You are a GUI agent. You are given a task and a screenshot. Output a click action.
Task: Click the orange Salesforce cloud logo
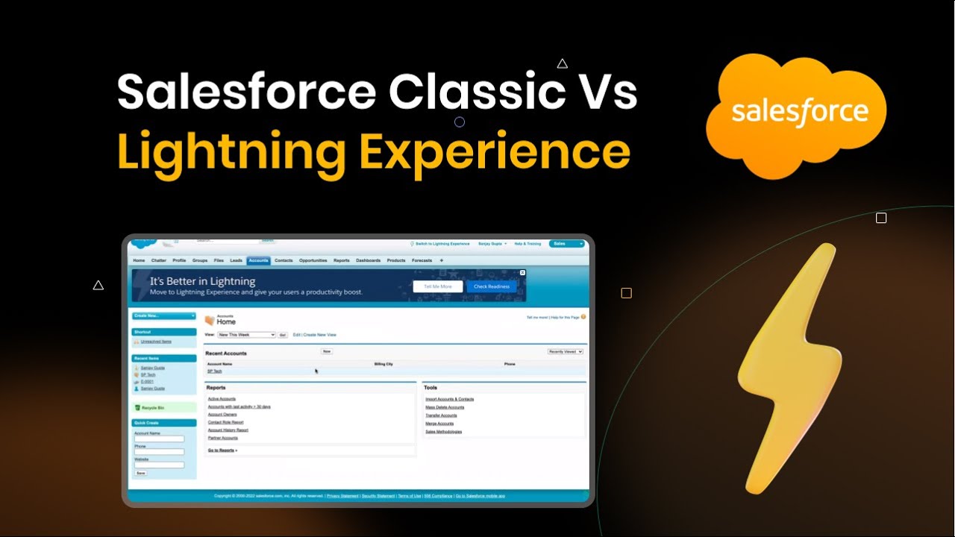coord(797,113)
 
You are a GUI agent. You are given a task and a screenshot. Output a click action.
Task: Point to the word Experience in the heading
coord(494,151)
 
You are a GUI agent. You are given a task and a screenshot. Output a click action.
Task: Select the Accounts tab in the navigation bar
coord(258,260)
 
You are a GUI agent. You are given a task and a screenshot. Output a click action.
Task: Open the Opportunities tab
coord(313,260)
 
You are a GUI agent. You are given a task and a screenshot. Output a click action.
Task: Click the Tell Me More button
coord(437,286)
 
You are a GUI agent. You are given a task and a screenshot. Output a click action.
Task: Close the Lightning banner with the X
coord(522,273)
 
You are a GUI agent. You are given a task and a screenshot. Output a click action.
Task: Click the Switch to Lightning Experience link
coord(442,244)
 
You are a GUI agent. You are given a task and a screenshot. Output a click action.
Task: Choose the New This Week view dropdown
coord(246,335)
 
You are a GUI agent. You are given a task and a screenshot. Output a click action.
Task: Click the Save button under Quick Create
coord(140,473)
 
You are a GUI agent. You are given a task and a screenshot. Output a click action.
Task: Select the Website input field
coord(159,465)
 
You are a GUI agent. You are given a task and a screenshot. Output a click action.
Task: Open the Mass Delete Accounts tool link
coord(445,407)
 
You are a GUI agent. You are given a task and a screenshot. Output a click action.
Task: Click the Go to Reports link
coord(222,450)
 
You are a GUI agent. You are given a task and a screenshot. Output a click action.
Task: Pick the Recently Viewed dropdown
coord(565,351)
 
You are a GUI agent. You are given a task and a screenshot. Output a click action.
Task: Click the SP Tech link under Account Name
coord(214,371)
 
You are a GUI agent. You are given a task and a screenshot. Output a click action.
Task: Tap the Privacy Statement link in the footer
coord(342,495)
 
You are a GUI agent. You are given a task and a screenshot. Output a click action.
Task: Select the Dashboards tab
coord(368,260)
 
